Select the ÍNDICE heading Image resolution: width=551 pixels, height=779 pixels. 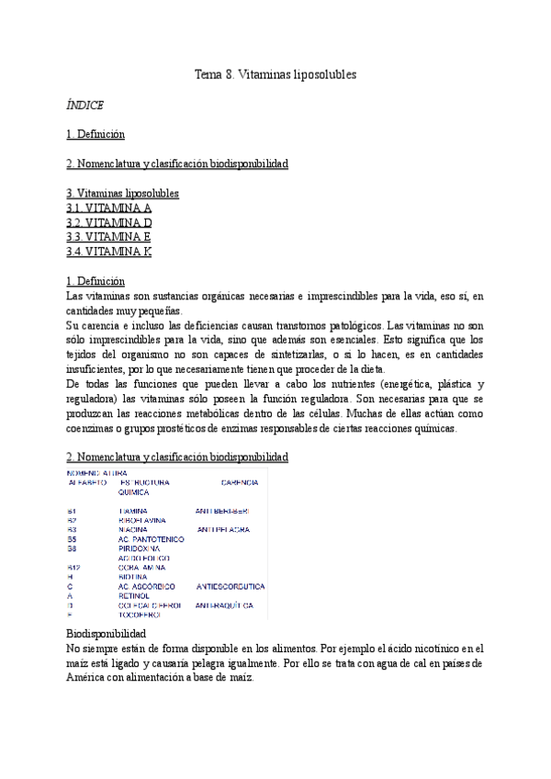(84, 105)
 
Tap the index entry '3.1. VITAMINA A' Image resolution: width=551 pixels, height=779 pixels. (109, 208)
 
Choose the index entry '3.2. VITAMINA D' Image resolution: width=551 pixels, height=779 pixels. (109, 222)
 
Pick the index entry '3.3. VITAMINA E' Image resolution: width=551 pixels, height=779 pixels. (109, 237)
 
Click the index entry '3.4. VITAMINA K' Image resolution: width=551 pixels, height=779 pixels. (109, 252)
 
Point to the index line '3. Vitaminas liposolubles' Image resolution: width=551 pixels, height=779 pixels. (123, 193)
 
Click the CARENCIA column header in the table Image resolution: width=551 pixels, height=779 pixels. (240, 482)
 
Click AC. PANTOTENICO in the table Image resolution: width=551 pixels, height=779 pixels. (152, 539)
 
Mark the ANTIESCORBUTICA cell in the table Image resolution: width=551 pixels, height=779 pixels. (231, 586)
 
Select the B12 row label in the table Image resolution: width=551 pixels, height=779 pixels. (74, 568)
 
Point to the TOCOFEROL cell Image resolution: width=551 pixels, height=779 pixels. (142, 615)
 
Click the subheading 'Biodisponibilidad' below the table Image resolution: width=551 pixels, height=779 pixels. (106, 635)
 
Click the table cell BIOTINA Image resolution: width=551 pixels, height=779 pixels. (135, 577)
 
